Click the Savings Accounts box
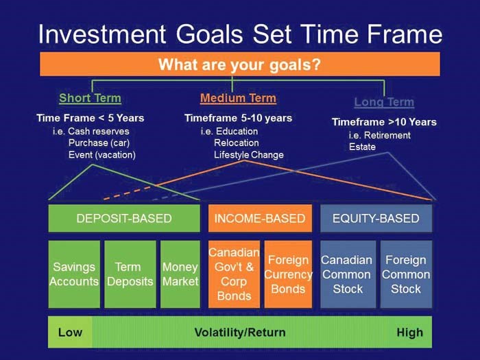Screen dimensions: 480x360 (74, 274)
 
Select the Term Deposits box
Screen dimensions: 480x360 (130, 274)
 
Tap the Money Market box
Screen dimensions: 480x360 (180, 274)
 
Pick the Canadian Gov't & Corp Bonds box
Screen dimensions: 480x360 (235, 274)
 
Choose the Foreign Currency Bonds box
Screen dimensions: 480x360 (289, 274)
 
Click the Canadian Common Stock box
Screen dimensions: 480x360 (348, 274)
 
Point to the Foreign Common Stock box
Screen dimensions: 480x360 (406, 274)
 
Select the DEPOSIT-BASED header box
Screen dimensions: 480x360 (124, 218)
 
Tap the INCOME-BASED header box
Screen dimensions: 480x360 (260, 218)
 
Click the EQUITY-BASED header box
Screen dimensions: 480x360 (376, 218)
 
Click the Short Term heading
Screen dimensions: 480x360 (90, 98)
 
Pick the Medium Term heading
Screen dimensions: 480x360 (238, 98)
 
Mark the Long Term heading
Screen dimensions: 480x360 (384, 102)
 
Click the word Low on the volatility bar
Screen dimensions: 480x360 (70, 333)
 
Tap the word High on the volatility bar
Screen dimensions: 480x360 (410, 333)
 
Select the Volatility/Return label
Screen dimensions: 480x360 (240, 333)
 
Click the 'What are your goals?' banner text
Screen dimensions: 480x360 (239, 64)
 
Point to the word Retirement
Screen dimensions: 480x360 (387, 135)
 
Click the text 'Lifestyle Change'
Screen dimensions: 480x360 (248, 155)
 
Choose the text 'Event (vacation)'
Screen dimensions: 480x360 (102, 155)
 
